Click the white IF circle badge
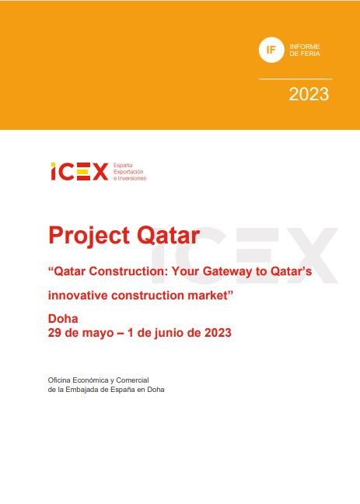pos(271,50)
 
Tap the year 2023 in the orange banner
pos(309,94)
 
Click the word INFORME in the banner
pos(305,47)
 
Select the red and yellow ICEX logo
pos(79,172)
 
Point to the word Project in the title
pos(89,236)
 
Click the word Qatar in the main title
pos(169,236)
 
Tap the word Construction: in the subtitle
pos(128,271)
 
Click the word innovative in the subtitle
pos(78,296)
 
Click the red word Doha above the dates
pos(63,319)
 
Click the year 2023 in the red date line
pos(218,333)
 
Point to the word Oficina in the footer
pos(59,380)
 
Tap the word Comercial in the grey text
pos(132,380)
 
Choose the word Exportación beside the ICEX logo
pos(128,172)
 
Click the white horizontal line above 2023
pos(295,79)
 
